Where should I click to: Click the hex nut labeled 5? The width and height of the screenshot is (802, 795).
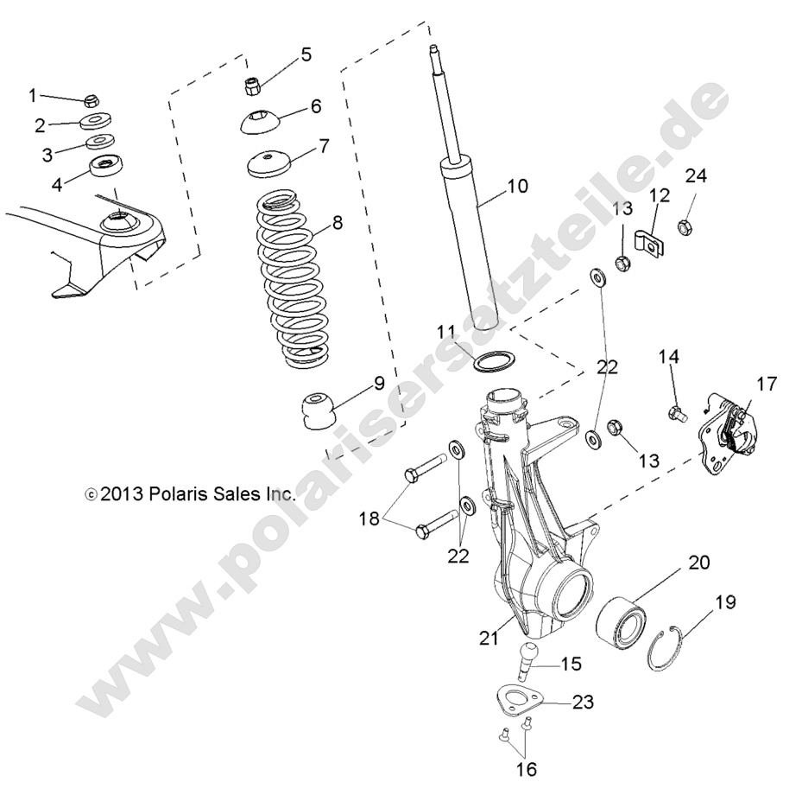pyautogui.click(x=251, y=86)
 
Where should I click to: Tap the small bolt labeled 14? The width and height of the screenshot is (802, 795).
pyautogui.click(x=677, y=412)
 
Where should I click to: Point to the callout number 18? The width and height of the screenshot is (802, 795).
pyautogui.click(x=369, y=518)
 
